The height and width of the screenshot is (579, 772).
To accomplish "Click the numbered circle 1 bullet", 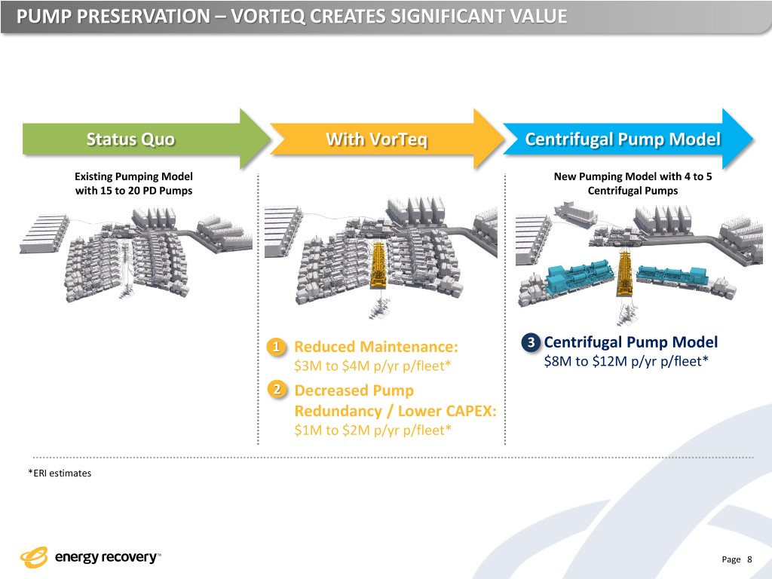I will tap(277, 347).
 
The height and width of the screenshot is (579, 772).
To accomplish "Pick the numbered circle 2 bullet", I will tap(277, 390).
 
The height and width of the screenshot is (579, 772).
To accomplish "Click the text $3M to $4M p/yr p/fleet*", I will tap(372, 366).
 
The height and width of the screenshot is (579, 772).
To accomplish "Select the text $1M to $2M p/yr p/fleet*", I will tap(372, 430).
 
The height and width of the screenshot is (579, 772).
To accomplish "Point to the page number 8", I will tap(749, 559).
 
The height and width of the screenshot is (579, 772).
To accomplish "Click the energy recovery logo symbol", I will tap(34, 557).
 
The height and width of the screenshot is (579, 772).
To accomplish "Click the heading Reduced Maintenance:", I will tap(375, 347).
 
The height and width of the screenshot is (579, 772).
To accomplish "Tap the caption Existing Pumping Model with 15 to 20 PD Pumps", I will tap(133, 183).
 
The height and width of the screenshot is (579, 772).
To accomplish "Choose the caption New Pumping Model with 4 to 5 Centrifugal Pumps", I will tap(632, 183).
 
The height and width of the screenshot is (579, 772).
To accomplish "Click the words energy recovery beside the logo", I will tap(106, 558).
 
